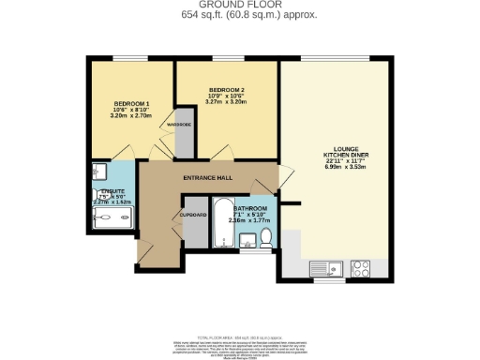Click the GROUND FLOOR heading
240,6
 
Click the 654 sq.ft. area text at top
240,16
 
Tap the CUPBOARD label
194,215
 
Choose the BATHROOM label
250,208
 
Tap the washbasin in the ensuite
99,172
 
